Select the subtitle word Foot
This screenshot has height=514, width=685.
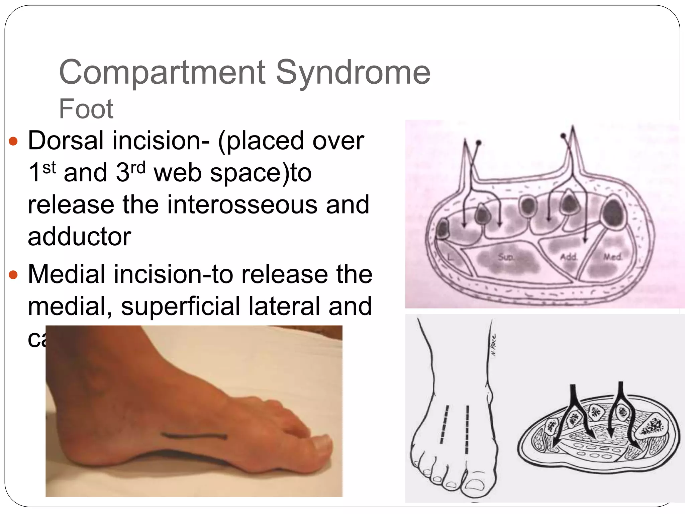click(x=86, y=109)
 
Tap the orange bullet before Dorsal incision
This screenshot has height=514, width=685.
click(x=13, y=141)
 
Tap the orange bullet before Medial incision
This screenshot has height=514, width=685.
click(x=13, y=275)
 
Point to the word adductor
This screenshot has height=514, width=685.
click(x=80, y=237)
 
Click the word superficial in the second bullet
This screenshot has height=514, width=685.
click(x=179, y=306)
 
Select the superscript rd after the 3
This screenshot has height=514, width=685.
click(x=138, y=167)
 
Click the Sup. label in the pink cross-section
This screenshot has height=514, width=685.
click(x=506, y=257)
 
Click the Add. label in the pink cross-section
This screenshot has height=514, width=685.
click(x=569, y=257)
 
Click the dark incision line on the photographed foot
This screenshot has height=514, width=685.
click(x=194, y=436)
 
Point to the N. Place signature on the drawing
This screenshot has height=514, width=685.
click(x=494, y=345)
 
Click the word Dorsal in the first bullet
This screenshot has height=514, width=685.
click(x=66, y=141)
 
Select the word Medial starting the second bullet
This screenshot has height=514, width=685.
click(x=66, y=274)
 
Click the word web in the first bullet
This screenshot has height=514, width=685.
click(x=177, y=173)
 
